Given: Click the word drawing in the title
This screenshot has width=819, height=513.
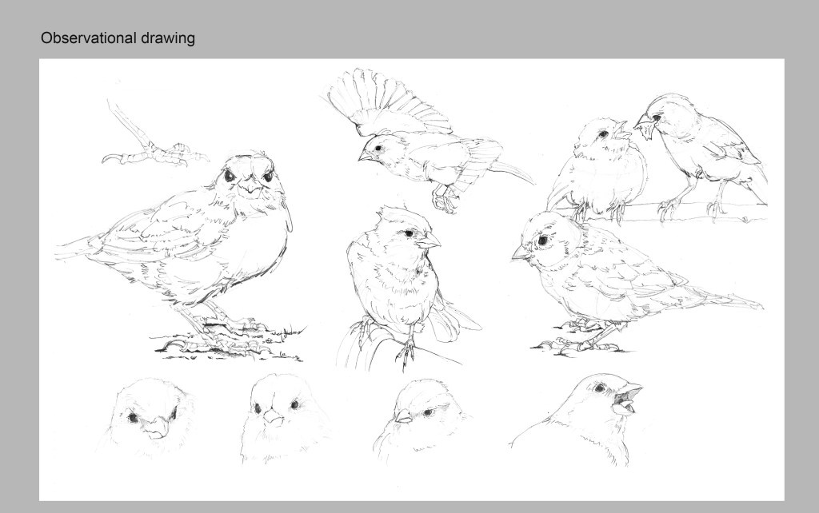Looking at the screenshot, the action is [168, 38].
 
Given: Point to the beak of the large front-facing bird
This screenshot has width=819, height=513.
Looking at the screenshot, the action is [252, 185].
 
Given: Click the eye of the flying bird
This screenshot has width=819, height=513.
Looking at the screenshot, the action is [378, 148].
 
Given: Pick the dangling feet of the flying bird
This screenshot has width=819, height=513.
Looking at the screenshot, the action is [445, 198].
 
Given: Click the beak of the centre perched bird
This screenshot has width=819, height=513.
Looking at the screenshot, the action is [429, 241].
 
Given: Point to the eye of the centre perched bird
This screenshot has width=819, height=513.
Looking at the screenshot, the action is [409, 233].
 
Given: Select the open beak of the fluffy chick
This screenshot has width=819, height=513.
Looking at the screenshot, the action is [621, 129].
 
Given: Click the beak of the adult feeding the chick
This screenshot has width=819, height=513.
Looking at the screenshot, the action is [644, 128].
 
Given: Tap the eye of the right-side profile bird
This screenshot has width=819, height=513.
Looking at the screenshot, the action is [543, 240].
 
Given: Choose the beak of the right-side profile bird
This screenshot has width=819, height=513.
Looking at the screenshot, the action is [521, 253].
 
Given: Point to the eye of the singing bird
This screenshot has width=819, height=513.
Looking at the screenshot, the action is [599, 388].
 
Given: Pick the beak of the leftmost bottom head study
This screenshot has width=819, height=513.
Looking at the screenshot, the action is [156, 428].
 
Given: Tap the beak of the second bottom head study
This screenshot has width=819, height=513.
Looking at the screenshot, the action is [272, 416].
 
